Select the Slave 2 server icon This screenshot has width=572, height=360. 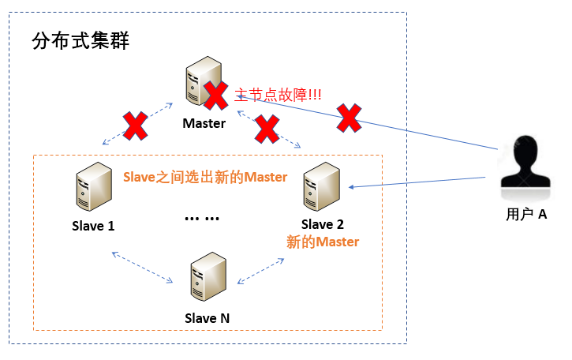coord(323,187)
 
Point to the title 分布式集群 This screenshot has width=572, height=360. coord(80,41)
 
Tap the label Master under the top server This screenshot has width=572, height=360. coord(204,123)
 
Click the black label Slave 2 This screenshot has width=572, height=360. coord(323,225)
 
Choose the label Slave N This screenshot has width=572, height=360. coord(207,318)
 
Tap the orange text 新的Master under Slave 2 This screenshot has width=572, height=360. coord(323,242)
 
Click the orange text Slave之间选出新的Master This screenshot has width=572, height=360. coord(205,176)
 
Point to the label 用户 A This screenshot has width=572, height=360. coord(526,213)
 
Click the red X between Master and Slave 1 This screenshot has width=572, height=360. coord(135,126)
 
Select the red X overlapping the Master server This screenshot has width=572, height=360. coord(215,95)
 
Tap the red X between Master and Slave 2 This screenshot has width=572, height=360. coord(268,129)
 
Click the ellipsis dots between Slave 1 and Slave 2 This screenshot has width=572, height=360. coord(202,218)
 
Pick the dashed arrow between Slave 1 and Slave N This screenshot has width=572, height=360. coord(142,267)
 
